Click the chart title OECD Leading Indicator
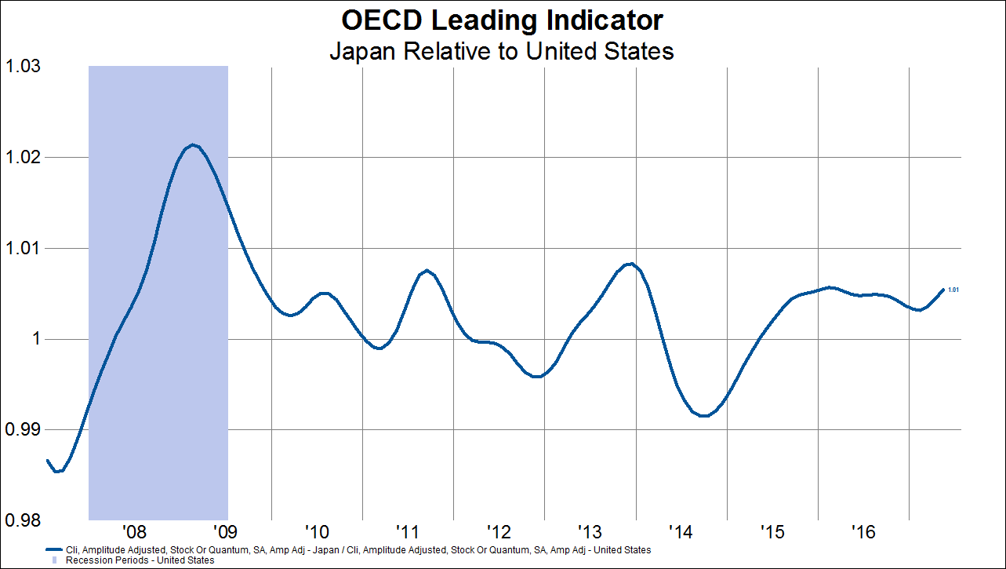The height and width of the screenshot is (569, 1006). (502, 20)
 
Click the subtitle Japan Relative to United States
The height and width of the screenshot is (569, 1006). (502, 52)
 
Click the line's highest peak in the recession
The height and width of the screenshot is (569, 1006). (193, 145)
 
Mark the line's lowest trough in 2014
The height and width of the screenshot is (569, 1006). (704, 416)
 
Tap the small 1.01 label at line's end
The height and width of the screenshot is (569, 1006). (953, 290)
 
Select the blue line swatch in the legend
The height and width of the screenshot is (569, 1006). (53, 550)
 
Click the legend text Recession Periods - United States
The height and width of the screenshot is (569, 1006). (140, 560)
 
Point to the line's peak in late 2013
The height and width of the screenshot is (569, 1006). (630, 264)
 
